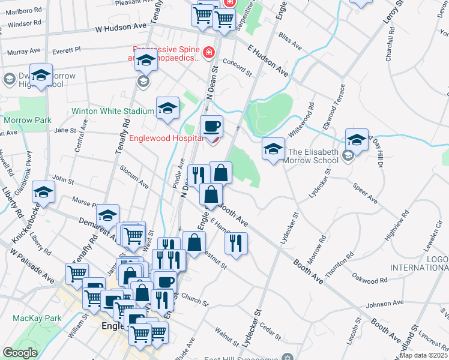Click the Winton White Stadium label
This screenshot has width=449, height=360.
click(113, 111)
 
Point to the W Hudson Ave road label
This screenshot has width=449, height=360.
click(120, 28)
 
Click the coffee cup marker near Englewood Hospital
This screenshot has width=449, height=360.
click(211, 127)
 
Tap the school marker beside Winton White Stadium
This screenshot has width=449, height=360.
click(167, 108)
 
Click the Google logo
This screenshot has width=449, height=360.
click(20, 353)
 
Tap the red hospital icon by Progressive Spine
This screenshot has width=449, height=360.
click(208, 53)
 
